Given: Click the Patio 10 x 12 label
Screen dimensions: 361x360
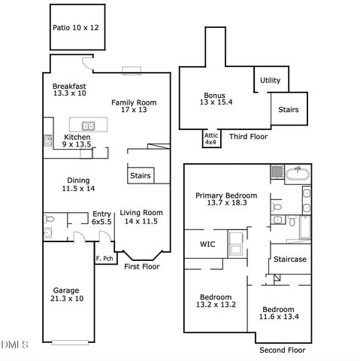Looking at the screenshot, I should tap(75, 27).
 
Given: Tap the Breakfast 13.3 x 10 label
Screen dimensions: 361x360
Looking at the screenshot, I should tap(69, 89).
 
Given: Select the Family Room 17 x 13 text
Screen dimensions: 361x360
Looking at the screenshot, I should tap(134, 106).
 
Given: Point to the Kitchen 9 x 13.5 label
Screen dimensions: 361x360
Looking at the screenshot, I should tap(77, 141).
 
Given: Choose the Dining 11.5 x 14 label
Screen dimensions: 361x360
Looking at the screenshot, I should tap(79, 184).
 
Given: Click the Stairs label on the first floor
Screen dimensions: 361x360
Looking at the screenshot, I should tap(141, 176).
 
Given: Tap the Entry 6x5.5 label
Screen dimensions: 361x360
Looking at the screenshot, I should tap(101, 218).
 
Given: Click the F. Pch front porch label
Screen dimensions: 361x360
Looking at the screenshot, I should tap(104, 259).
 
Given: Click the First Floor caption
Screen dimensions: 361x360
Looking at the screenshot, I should tap(141, 266).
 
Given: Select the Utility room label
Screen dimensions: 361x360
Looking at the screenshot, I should tap(270, 80).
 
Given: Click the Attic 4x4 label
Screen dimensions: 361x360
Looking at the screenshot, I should tap(211, 138).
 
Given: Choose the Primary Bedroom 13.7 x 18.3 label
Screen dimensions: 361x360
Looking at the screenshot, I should tap(226, 199).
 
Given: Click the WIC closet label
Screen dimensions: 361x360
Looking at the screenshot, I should tap(207, 244).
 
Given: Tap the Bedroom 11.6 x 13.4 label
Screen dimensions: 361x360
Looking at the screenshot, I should tap(277, 314).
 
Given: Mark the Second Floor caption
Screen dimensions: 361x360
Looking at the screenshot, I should tap(282, 350).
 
